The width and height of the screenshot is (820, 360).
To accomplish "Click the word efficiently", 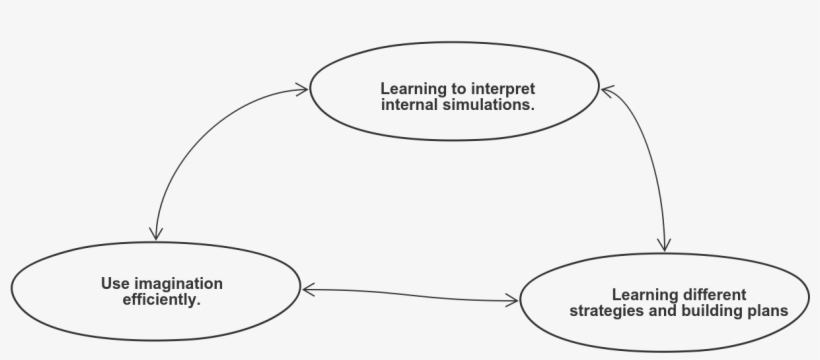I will (x=161, y=298).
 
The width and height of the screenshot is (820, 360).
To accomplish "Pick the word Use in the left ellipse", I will (x=111, y=283).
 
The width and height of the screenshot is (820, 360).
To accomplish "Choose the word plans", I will (x=768, y=310).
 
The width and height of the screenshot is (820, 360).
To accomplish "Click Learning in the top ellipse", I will (x=409, y=88).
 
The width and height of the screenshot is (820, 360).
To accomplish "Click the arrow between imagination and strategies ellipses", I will (x=410, y=293).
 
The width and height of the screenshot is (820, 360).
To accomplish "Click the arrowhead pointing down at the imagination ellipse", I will (x=156, y=232).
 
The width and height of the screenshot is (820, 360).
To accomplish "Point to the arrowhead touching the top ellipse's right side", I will (x=606, y=91).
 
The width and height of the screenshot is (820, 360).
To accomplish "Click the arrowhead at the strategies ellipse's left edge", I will (x=512, y=298).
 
